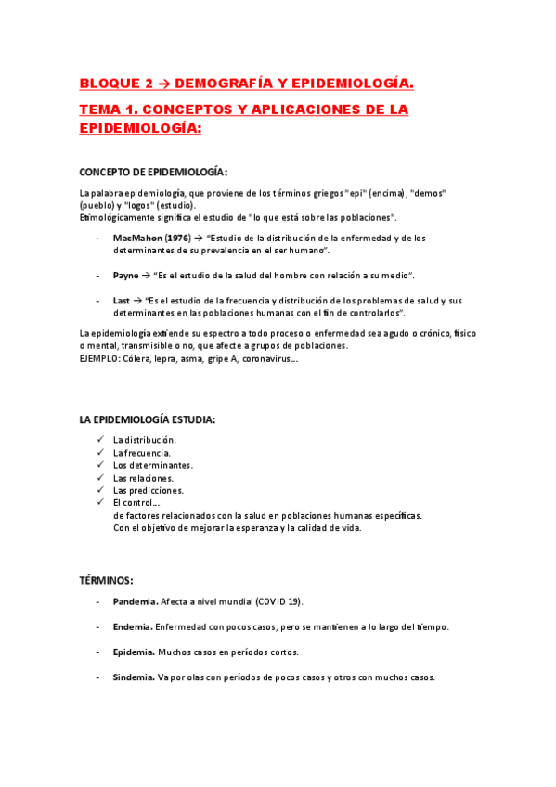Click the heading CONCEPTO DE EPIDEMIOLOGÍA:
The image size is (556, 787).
point(153,173)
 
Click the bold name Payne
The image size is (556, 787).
point(125,276)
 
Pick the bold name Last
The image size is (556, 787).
point(122,301)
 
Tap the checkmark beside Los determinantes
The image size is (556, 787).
point(100,464)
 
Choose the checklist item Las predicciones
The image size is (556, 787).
point(149,490)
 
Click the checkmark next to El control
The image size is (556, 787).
point(100,502)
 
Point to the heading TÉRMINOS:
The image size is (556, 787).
point(107,580)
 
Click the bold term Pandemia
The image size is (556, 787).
point(136,601)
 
